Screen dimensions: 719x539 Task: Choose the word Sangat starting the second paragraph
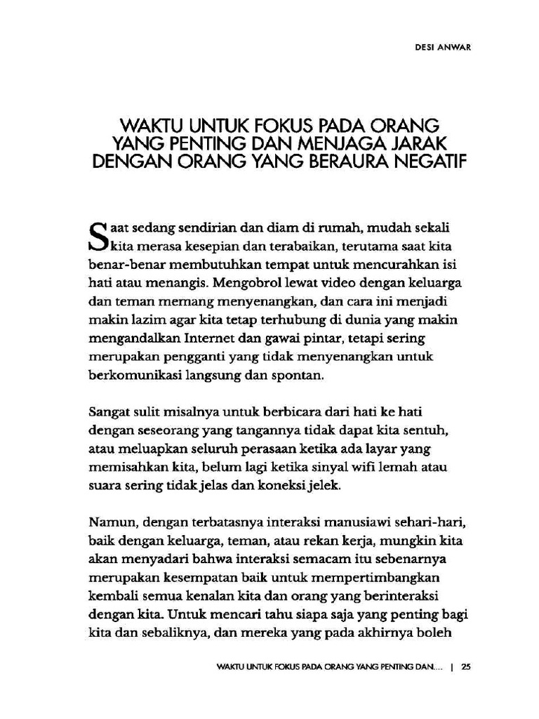click(x=109, y=411)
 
